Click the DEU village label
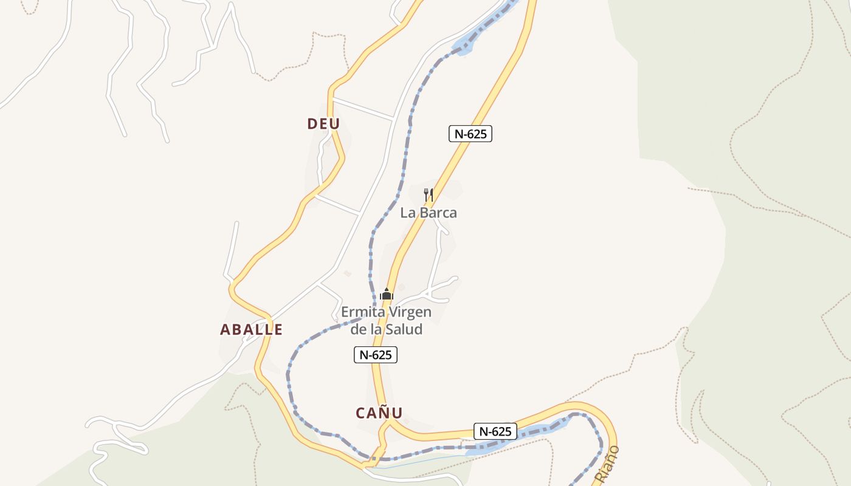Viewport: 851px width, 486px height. click(323, 124)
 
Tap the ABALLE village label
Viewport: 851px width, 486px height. click(251, 330)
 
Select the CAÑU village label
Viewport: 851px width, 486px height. click(379, 413)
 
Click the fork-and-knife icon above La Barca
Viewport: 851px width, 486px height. click(429, 195)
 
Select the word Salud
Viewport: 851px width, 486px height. click(406, 330)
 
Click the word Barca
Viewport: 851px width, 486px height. click(439, 213)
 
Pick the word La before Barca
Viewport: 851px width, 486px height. click(407, 213)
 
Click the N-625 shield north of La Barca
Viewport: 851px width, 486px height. click(470, 134)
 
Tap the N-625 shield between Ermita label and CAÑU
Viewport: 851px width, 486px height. click(375, 355)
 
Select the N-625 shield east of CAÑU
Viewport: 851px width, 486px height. click(495, 432)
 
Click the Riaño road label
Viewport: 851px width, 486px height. click(607, 464)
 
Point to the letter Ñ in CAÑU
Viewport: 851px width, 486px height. click(383, 413)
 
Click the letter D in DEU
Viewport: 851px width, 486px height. click(312, 124)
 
